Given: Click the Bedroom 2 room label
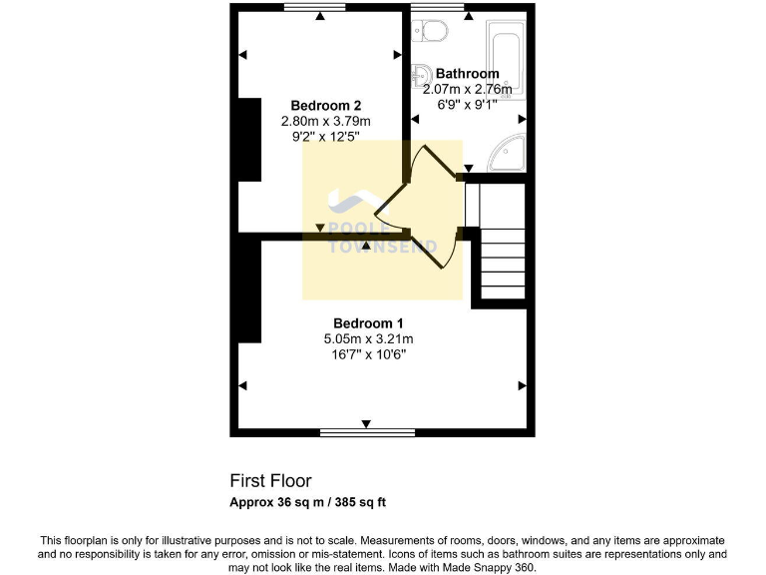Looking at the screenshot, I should pyautogui.click(x=325, y=106).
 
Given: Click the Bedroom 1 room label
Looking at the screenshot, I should pyautogui.click(x=368, y=322).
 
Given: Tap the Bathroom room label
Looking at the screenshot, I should pyautogui.click(x=468, y=74).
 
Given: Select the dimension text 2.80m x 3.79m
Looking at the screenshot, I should pyautogui.click(x=325, y=121).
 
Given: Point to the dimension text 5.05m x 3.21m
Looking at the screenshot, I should pyautogui.click(x=368, y=338).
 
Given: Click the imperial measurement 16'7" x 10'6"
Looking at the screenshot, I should pyautogui.click(x=368, y=353).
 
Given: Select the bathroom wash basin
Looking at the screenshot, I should pyautogui.click(x=421, y=75).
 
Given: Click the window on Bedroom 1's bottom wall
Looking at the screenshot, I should pyautogui.click(x=367, y=433).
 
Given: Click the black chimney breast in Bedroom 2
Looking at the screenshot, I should pyautogui.click(x=248, y=140).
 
